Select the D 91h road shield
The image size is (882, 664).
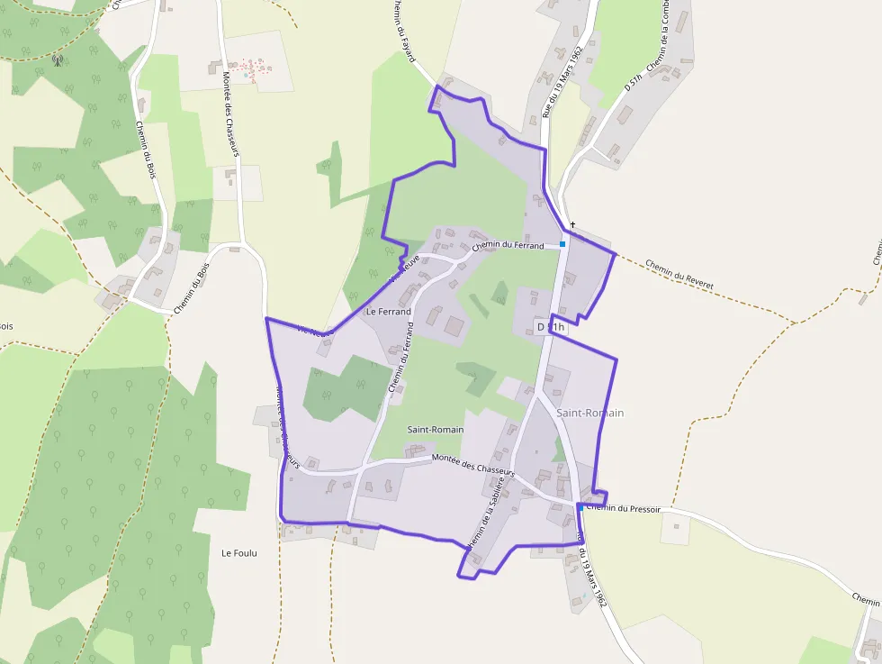pyautogui.click(x=550, y=327)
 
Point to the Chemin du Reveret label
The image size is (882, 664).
pyautogui.click(x=679, y=274)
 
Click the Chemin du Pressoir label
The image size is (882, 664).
pyautogui.click(x=623, y=509)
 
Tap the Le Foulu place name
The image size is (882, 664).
pyautogui.click(x=239, y=553)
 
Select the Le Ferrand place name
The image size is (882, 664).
pyautogui.click(x=389, y=312)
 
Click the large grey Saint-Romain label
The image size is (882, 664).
pyautogui.click(x=589, y=413)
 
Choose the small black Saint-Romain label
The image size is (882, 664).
pyautogui.click(x=435, y=430)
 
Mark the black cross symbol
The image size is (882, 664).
pyautogui.click(x=571, y=224)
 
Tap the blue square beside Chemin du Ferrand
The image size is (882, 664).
pyautogui.click(x=562, y=243)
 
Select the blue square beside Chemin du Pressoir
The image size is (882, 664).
pyautogui.click(x=580, y=508)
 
